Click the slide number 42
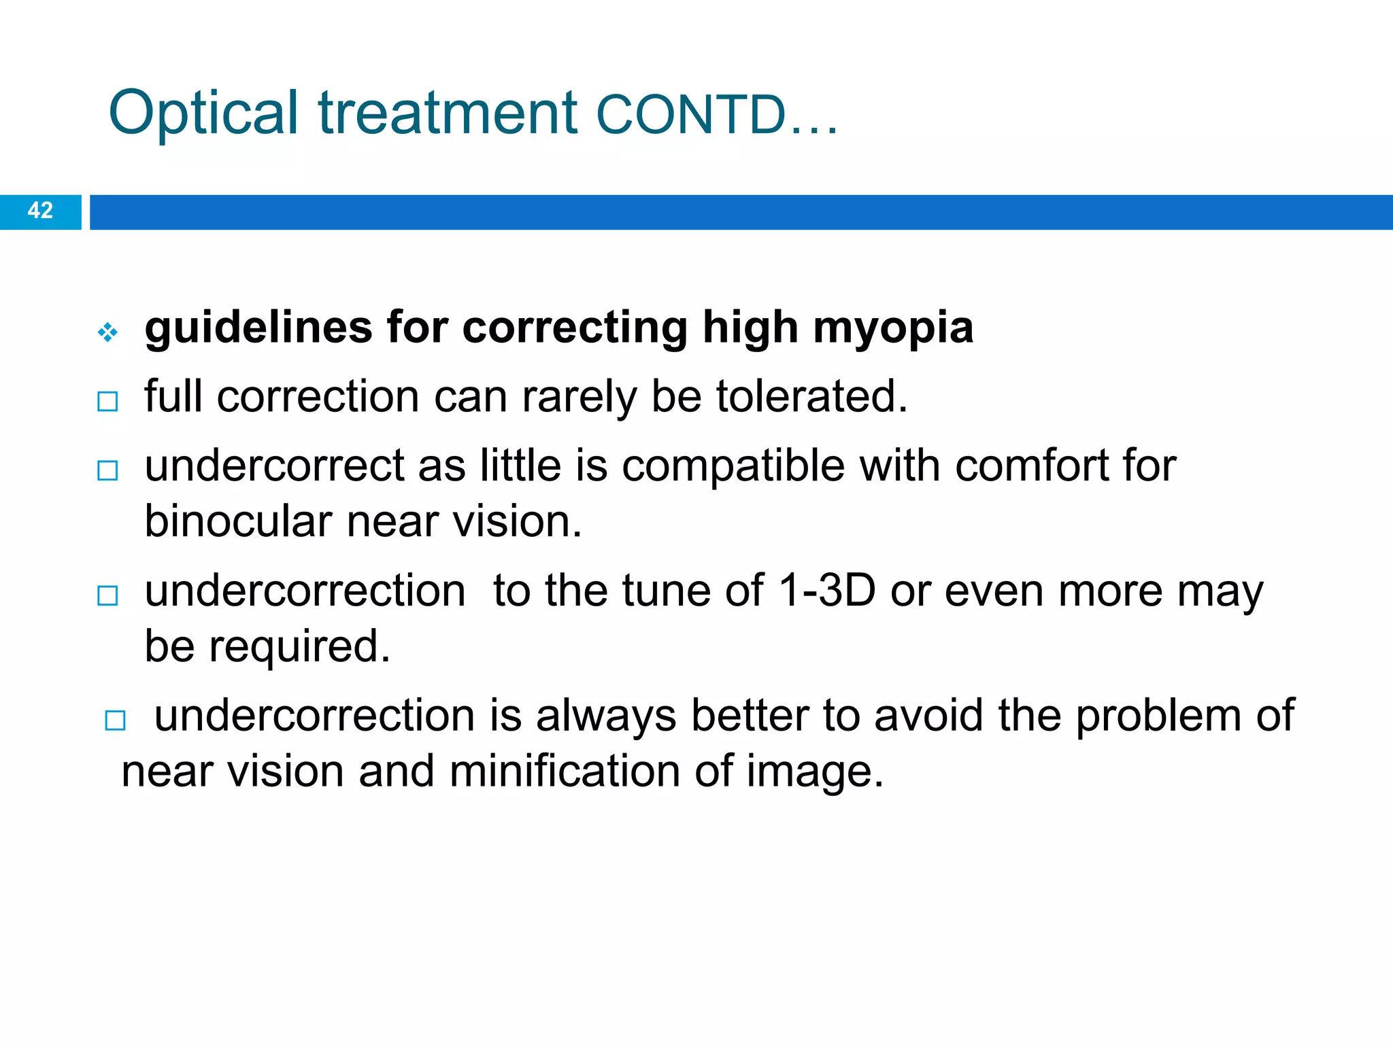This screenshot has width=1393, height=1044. click(x=40, y=211)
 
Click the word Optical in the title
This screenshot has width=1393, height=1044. click(x=203, y=113)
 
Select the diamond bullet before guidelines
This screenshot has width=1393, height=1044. click(x=107, y=332)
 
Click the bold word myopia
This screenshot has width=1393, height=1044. click(x=893, y=329)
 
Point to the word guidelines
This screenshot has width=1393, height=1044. click(x=258, y=328)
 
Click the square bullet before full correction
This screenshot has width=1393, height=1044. click(x=107, y=401)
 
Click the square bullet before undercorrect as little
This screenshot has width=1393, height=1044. click(x=107, y=470)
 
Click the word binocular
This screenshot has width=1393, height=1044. click(x=238, y=522)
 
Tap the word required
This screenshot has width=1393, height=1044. click(x=299, y=647)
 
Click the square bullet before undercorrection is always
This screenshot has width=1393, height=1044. click(x=116, y=720)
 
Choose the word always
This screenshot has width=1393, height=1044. click(x=605, y=716)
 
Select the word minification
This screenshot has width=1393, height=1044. click(x=565, y=772)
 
